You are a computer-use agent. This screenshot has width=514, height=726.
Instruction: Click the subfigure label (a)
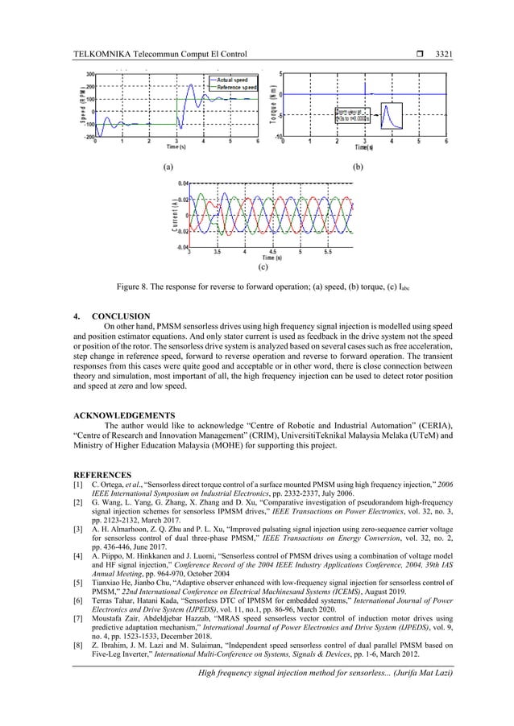(x=168, y=169)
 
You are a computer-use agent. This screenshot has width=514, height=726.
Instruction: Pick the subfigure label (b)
(x=359, y=169)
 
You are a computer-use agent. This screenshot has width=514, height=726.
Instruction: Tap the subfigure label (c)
(x=263, y=266)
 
